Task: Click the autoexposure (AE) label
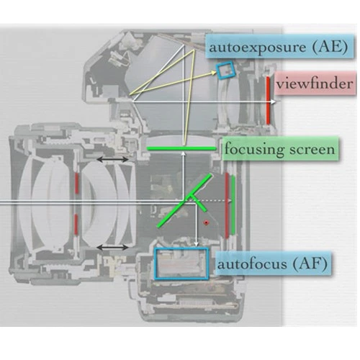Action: coord(279,47)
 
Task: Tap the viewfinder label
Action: coord(315,84)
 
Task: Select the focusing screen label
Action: coord(280,149)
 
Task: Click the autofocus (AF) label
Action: coord(273,264)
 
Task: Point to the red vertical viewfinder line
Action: coord(268,100)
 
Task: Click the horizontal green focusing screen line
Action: coord(181,148)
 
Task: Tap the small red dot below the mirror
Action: coord(206,222)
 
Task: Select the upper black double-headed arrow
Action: coord(112,159)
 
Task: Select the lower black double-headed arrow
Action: coord(112,247)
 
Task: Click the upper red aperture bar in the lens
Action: coord(77,183)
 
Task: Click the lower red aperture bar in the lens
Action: coord(76,224)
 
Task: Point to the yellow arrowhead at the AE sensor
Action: coord(214,72)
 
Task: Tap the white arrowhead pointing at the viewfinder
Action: coord(274,102)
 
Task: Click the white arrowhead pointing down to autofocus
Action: coord(197,244)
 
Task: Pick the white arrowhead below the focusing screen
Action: coord(184,153)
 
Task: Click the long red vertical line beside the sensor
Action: coord(227,205)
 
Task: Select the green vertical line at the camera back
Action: coord(233,205)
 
